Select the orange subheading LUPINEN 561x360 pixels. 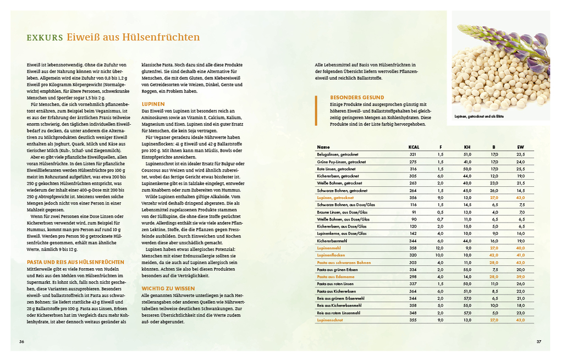[153, 103]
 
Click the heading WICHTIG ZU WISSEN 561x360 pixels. [168, 287]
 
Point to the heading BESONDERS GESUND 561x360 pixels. [357, 97]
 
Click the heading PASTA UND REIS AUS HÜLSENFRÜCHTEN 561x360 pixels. [75, 262]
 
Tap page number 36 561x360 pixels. [21, 341]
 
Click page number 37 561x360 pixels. [539, 341]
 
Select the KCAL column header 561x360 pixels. [413, 147]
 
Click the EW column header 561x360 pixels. [521, 147]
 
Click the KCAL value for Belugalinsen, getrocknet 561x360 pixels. [413, 154]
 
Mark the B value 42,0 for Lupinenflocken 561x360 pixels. [494, 255]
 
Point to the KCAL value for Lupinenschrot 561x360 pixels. [413, 319]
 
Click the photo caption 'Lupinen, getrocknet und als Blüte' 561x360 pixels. [480, 117]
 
